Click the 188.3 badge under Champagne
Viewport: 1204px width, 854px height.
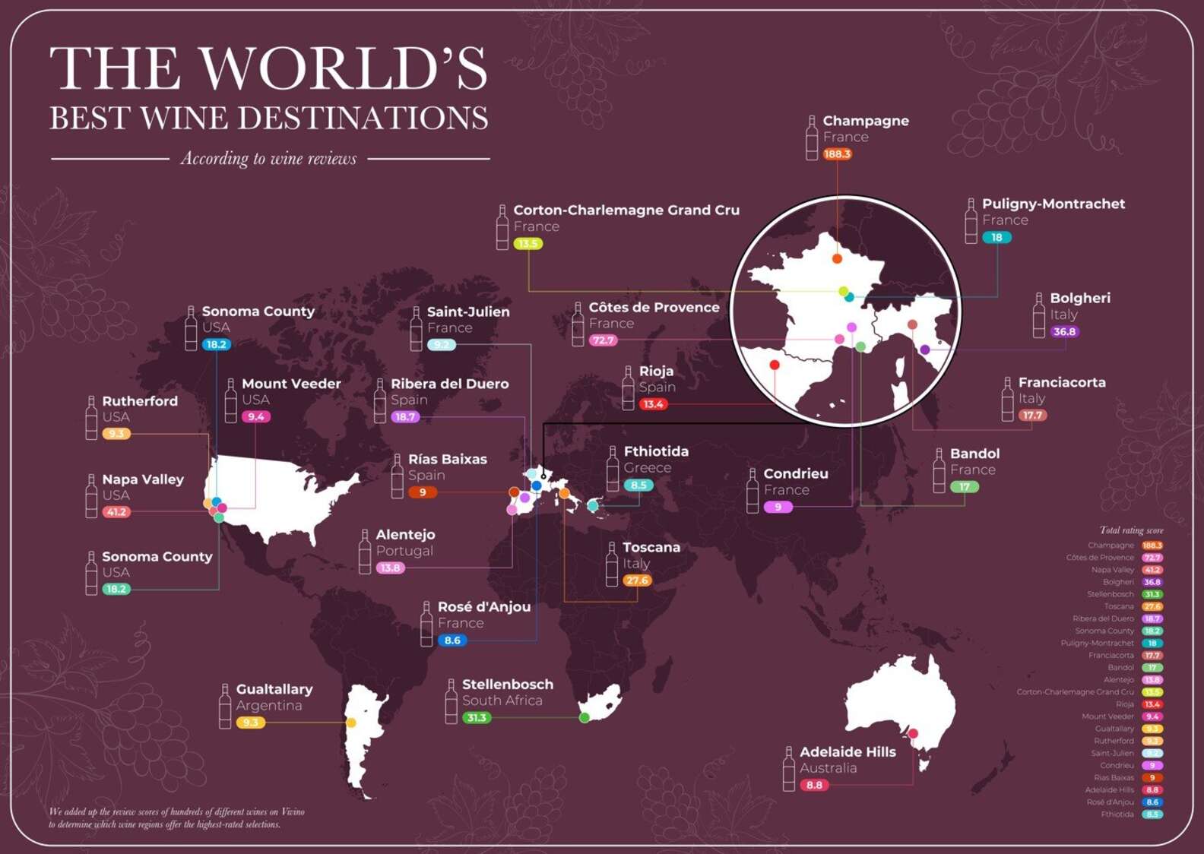[x=837, y=154]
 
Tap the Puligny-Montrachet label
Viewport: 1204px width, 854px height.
[x=1053, y=204]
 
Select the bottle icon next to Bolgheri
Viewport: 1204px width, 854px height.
[x=1039, y=315]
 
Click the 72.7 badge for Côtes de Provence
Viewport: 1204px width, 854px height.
[x=603, y=340]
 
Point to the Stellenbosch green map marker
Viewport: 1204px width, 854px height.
[x=585, y=717]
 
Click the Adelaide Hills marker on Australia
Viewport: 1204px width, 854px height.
[x=913, y=733]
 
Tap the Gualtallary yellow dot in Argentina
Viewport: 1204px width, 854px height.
[x=351, y=723]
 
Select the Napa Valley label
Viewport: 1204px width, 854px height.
[x=143, y=479]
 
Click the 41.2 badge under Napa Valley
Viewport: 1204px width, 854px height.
[x=116, y=512]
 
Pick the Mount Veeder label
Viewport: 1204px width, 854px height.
[x=291, y=384]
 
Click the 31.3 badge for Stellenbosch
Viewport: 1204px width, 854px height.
[x=477, y=718]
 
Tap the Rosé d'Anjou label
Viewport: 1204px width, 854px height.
[x=483, y=607]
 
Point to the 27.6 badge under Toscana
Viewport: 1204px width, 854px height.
[x=637, y=580]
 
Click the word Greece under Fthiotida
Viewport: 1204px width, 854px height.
[x=647, y=468]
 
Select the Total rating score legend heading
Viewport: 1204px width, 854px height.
[x=1131, y=530]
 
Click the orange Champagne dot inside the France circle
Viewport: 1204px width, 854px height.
[x=837, y=258]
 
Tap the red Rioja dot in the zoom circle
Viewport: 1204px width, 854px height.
[x=775, y=365]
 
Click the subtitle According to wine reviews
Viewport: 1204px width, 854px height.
[x=268, y=159]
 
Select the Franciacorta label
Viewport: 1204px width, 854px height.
[x=1061, y=382]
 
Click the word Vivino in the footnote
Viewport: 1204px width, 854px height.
[x=293, y=812]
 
